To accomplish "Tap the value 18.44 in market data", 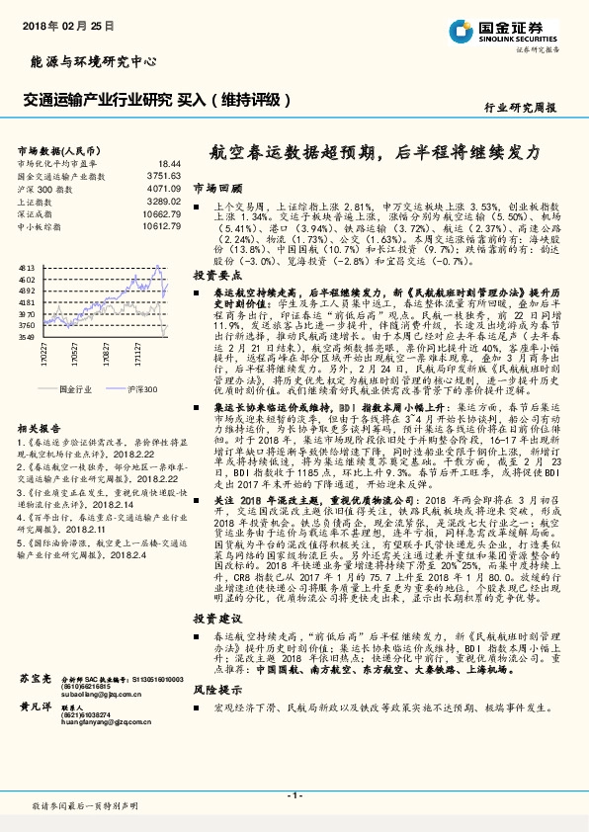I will pos(170,163).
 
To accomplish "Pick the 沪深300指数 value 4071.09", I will pos(163,187).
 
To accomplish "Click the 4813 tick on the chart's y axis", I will pos(27,268).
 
